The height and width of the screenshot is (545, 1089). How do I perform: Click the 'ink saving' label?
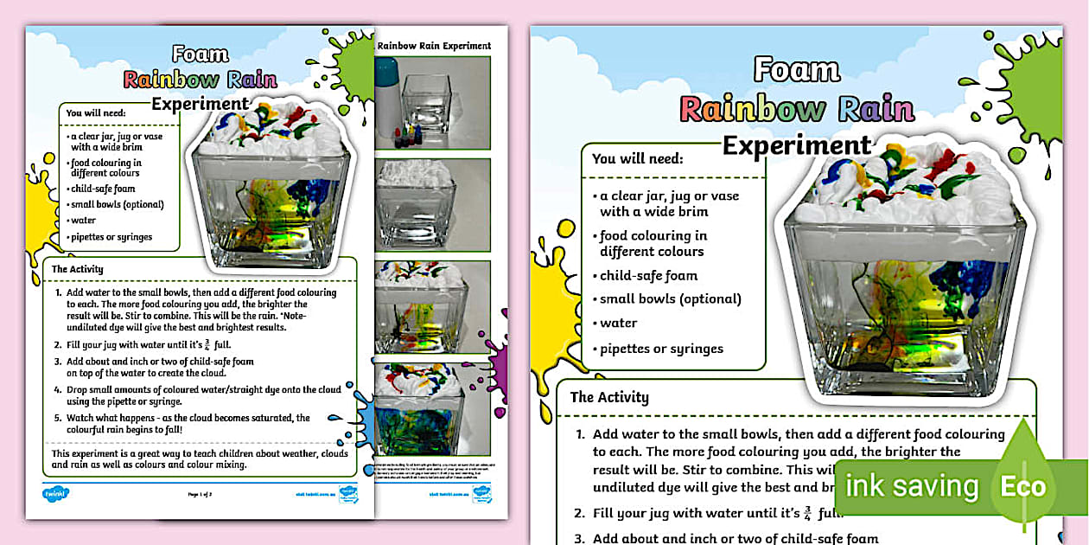pyautogui.click(x=912, y=486)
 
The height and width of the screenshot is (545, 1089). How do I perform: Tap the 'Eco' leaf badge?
pyautogui.click(x=1022, y=486)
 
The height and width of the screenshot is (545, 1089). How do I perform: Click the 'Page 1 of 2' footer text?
pyautogui.click(x=201, y=495)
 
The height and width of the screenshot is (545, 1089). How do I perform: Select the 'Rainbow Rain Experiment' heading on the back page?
pyautogui.click(x=435, y=46)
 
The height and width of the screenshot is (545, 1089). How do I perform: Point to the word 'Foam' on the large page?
pyautogui.click(x=797, y=69)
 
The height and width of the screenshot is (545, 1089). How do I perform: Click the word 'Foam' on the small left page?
pyautogui.click(x=201, y=54)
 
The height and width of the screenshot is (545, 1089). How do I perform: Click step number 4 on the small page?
pyautogui.click(x=58, y=390)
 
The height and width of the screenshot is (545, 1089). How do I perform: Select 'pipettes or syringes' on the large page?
pyautogui.click(x=661, y=349)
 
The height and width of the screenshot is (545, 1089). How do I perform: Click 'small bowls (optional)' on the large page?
pyautogui.click(x=670, y=299)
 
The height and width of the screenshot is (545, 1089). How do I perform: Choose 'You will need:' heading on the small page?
pyautogui.click(x=96, y=112)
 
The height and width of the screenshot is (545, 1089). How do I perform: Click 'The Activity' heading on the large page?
pyautogui.click(x=609, y=397)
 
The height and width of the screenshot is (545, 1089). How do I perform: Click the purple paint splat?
pyautogui.click(x=499, y=354)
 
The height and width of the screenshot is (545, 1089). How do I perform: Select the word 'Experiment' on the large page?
pyautogui.click(x=797, y=144)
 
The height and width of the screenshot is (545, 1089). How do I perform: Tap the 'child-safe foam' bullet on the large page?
pyautogui.click(x=648, y=276)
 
